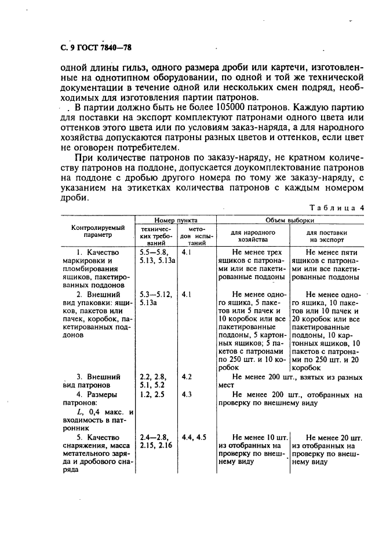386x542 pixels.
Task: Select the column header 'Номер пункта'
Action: (x=175, y=221)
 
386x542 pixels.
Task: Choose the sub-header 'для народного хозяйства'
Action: (x=253, y=235)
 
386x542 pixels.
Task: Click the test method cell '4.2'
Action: (x=187, y=376)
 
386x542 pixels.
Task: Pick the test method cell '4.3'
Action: (x=187, y=394)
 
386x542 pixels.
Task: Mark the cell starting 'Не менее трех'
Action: (x=253, y=268)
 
